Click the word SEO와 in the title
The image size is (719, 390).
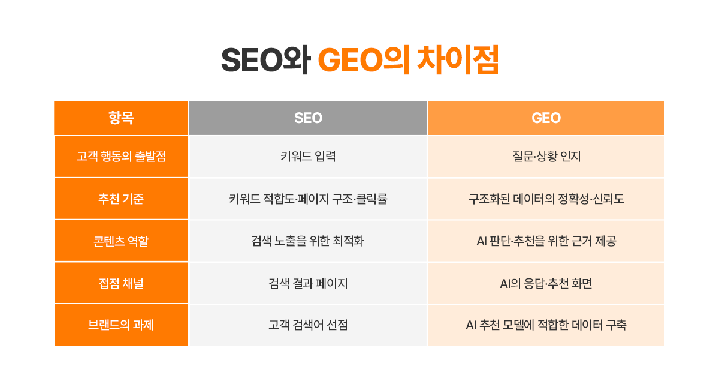pyautogui.click(x=265, y=60)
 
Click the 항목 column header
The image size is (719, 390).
pyautogui.click(x=121, y=118)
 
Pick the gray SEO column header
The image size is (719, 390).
pyautogui.click(x=308, y=118)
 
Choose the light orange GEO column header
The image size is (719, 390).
pyautogui.click(x=546, y=118)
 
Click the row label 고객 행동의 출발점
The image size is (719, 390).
pyautogui.click(x=121, y=157)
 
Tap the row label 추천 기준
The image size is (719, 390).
pyautogui.click(x=121, y=199)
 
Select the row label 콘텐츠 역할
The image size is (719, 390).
pyautogui.click(x=121, y=241)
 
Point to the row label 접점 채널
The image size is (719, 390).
pyautogui.click(x=121, y=283)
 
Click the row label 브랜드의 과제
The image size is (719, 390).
pyautogui.click(x=121, y=325)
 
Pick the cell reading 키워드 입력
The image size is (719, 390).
pyautogui.click(x=308, y=157)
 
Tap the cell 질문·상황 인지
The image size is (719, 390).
pyautogui.click(x=546, y=157)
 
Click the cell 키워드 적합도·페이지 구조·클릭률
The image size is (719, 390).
pyautogui.click(x=308, y=199)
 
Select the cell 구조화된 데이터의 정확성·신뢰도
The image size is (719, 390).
pyautogui.click(x=546, y=199)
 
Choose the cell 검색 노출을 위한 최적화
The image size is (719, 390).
pyautogui.click(x=308, y=241)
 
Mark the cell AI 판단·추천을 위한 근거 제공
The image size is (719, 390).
pyautogui.click(x=546, y=241)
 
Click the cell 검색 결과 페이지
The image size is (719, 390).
pyautogui.click(x=308, y=283)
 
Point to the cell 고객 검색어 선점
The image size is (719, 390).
pyautogui.click(x=308, y=325)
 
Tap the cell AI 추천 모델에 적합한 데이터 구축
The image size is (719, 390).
pyautogui.click(x=546, y=325)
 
